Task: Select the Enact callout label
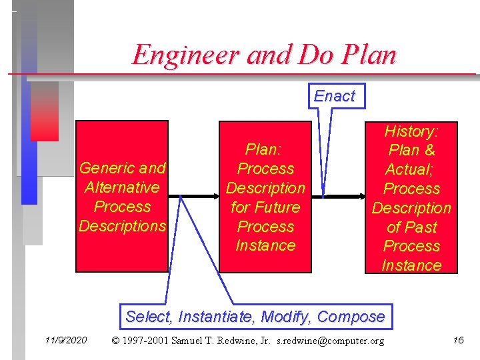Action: (334, 96)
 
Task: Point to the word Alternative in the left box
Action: (122, 187)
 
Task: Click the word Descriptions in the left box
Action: (122, 226)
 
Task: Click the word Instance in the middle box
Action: (265, 245)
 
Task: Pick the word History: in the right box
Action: (411, 131)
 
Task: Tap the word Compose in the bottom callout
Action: (351, 317)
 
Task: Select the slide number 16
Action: (458, 341)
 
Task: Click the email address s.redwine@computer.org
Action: (331, 341)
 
